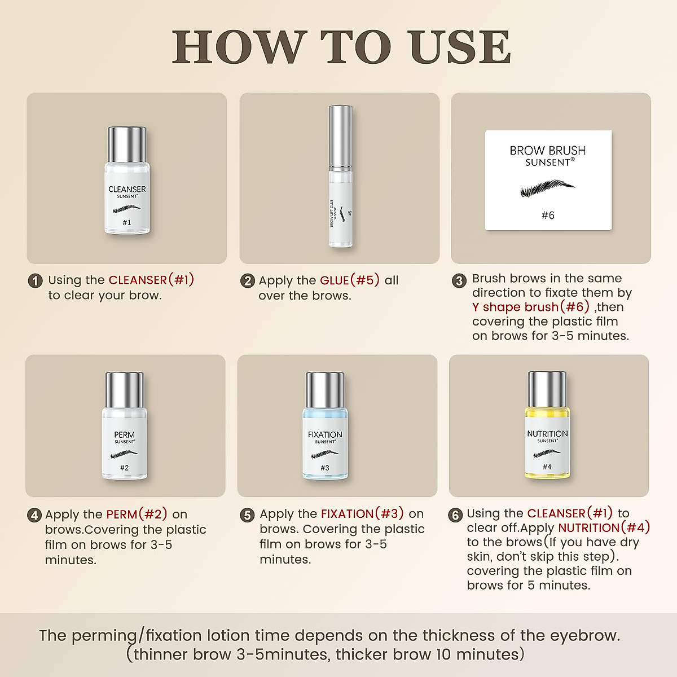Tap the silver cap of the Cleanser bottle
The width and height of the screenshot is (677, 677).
coord(127,145)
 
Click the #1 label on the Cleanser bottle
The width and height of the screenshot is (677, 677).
coord(127,222)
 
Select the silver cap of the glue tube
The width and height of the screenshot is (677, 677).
coord(340,137)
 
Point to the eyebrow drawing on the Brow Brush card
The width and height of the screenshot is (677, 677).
coord(547,188)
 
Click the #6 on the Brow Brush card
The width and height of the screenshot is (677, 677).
coord(548,216)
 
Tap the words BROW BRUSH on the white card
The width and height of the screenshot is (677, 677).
coord(548,151)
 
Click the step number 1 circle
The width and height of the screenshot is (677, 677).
coord(35,281)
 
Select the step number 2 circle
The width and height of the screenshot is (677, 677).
coord(247,282)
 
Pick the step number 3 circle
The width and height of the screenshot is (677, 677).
coord(459,281)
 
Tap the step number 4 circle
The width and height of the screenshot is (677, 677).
coord(34,516)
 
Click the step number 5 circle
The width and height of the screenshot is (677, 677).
coord(247,516)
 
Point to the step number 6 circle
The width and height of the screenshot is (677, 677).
coord(456,516)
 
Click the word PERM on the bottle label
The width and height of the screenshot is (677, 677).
coord(124,434)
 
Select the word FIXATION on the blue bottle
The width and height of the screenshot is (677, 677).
coord(325,434)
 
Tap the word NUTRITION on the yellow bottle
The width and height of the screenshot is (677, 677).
coord(547,434)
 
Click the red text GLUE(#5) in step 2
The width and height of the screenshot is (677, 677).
coord(350,280)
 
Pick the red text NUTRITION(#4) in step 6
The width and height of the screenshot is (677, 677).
coord(604,527)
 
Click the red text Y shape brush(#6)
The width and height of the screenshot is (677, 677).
coord(531,307)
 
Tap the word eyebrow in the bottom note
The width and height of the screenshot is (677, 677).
coord(585,636)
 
